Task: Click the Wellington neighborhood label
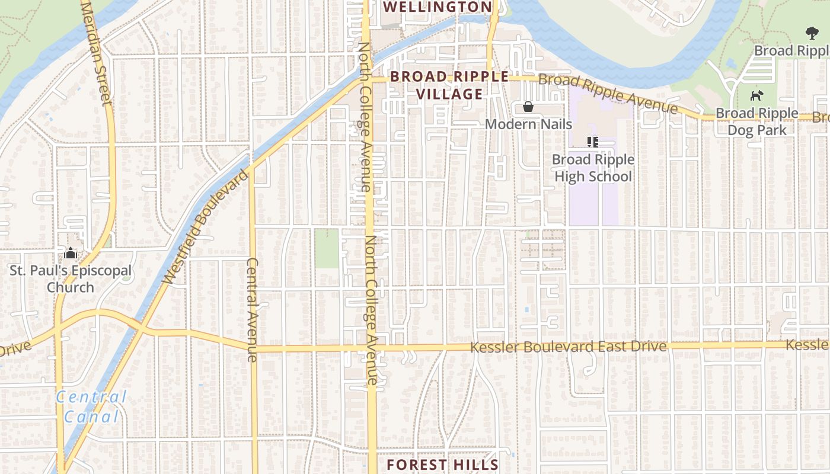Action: click(438, 7)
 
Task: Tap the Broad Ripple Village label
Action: click(449, 85)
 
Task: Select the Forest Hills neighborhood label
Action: click(442, 465)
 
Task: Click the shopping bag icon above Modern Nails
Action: click(528, 107)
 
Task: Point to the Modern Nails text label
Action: click(528, 124)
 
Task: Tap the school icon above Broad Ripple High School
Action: click(592, 142)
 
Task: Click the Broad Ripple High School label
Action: click(593, 168)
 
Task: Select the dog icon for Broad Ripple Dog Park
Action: click(756, 95)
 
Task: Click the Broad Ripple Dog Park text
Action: click(756, 121)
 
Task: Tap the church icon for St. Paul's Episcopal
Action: click(71, 254)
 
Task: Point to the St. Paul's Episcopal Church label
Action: click(71, 279)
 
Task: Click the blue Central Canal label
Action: click(92, 406)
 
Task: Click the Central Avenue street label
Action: click(253, 309)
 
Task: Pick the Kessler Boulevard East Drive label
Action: click(568, 347)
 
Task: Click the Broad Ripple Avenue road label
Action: click(608, 94)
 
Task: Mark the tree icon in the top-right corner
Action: click(811, 33)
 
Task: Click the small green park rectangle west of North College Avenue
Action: click(326, 248)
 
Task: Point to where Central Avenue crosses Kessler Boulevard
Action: click(253, 347)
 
